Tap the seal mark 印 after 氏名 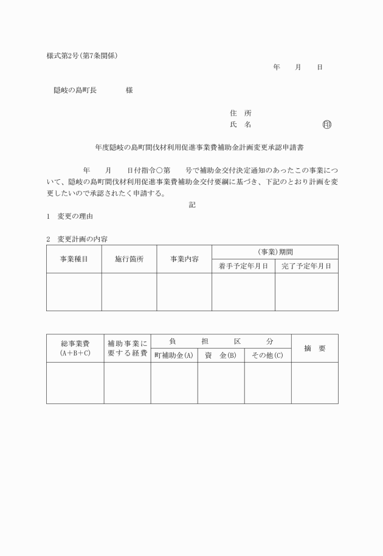click(x=327, y=125)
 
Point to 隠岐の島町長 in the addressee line click(x=75, y=91)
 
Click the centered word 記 click(x=192, y=205)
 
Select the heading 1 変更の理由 click(x=69, y=217)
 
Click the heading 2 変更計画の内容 click(x=77, y=239)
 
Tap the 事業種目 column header click(x=74, y=259)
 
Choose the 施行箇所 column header click(x=129, y=259)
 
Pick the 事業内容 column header click(x=184, y=259)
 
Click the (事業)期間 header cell click(x=275, y=252)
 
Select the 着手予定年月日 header click(x=243, y=266)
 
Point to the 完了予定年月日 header click(x=306, y=266)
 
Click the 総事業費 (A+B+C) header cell click(x=75, y=348)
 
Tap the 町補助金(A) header click(x=174, y=355)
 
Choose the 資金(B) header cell click(x=221, y=355)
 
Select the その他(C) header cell click(x=267, y=355)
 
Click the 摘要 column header click(x=314, y=348)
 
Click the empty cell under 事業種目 click(x=74, y=292)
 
